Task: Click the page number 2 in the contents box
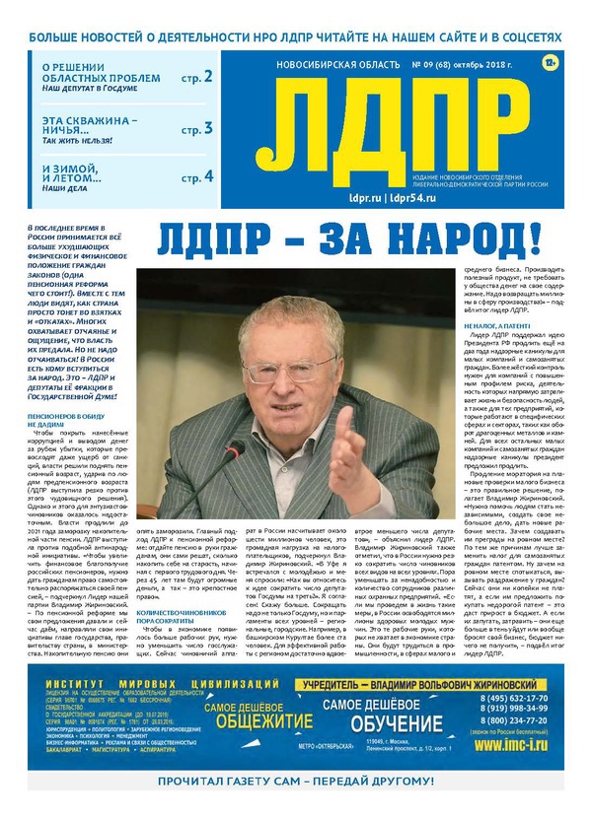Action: [x=208, y=76]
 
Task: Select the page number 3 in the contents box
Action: [x=208, y=127]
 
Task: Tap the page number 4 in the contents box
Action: [x=208, y=177]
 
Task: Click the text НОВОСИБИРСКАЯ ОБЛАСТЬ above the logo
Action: [x=323, y=65]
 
